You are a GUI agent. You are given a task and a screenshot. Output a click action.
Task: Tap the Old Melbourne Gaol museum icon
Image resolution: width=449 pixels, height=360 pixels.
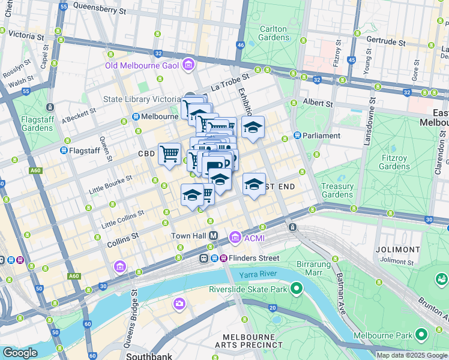(189, 65)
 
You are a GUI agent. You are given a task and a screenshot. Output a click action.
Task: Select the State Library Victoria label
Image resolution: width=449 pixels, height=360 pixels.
(142, 100)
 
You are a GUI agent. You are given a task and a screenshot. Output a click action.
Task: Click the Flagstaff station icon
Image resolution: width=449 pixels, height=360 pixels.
(64, 150)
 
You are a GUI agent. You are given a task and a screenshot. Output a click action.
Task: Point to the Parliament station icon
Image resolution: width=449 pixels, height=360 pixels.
(297, 136)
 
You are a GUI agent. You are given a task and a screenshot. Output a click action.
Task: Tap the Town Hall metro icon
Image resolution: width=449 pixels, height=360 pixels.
(212, 236)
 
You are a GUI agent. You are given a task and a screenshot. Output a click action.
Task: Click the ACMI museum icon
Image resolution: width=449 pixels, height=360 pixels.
(234, 238)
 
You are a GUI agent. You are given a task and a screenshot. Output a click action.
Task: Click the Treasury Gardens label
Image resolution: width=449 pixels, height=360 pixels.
(337, 190)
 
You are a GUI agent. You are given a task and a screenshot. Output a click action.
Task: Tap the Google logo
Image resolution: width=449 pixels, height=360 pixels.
(20, 352)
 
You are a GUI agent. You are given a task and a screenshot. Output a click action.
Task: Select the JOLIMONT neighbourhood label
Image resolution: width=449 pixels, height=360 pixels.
(397, 249)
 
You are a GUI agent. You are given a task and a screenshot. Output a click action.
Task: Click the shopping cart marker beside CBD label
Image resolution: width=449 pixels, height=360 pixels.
(170, 154)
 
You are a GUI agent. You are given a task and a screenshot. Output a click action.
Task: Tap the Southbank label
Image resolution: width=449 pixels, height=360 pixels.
(149, 356)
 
